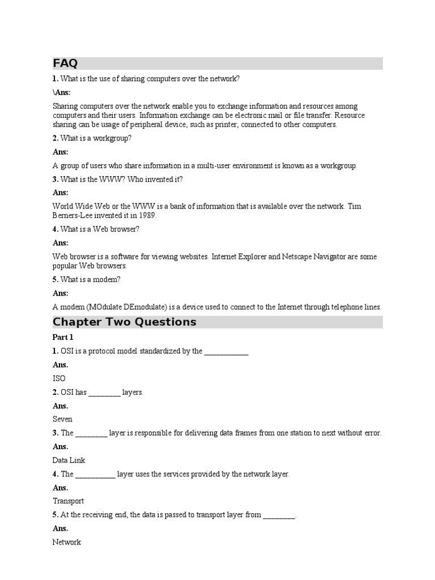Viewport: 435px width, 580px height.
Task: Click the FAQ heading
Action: pyautogui.click(x=65, y=63)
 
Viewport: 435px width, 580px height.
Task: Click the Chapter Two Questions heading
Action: pyautogui.click(x=125, y=322)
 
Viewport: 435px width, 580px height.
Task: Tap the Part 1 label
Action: pyautogui.click(x=63, y=338)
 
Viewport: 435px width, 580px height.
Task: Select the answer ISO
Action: pyautogui.click(x=59, y=378)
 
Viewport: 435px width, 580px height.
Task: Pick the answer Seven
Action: pyautogui.click(x=62, y=419)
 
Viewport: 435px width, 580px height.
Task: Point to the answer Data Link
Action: pyautogui.click(x=69, y=460)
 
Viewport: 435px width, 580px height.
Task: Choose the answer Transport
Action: pyautogui.click(x=68, y=501)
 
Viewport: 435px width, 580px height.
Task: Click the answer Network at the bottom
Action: pyautogui.click(x=67, y=542)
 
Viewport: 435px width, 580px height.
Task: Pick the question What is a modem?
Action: pyautogui.click(x=90, y=279)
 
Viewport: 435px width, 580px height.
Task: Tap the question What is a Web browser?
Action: pyautogui.click(x=100, y=229)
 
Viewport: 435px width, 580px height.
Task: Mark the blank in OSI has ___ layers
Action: pyautogui.click(x=105, y=393)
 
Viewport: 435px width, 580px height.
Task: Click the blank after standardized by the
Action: pyautogui.click(x=226, y=352)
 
